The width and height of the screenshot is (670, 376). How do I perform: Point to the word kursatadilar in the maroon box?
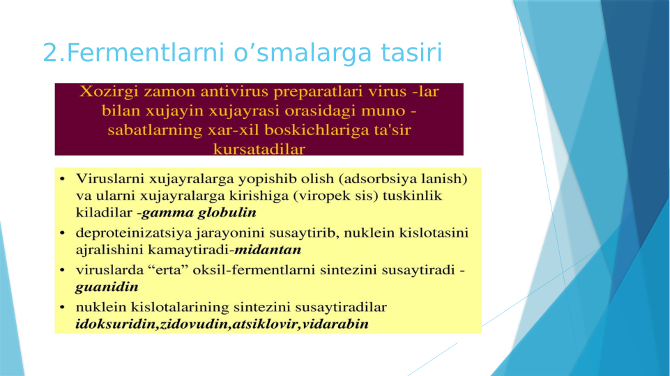(259, 149)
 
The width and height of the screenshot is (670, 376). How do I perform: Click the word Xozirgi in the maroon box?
(107, 92)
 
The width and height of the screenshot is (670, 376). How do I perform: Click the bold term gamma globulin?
(199, 212)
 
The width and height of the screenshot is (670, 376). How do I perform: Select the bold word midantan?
(268, 249)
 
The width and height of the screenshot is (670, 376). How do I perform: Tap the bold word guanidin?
(107, 286)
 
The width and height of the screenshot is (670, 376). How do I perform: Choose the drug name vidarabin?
(336, 324)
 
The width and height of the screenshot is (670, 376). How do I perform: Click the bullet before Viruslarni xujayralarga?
(63, 179)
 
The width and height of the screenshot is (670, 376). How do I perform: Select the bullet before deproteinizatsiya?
(63, 233)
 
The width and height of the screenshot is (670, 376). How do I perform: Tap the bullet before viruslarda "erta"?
(63, 269)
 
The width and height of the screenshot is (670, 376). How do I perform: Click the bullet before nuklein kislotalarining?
(63, 307)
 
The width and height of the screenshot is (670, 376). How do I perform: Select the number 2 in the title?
(50, 52)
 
